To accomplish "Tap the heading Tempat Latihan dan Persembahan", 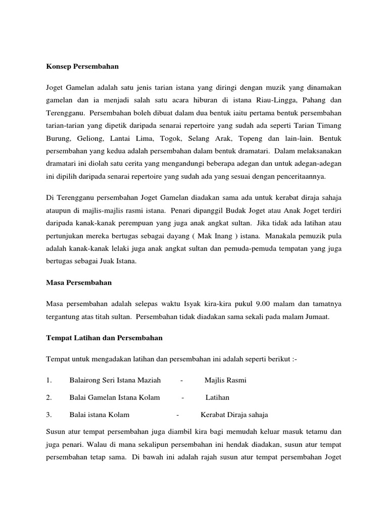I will coord(104,337).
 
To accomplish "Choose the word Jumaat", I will coord(316,317).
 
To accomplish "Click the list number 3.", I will coord(48,415).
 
